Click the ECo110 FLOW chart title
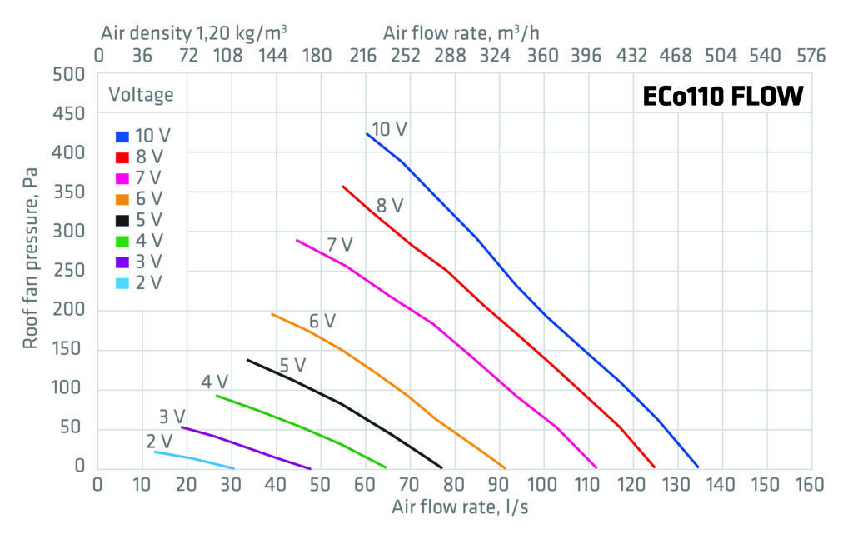(722, 97)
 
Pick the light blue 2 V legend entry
(140, 282)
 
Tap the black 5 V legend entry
(140, 220)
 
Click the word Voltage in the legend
(141, 95)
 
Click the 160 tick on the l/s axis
(810, 485)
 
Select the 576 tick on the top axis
(810, 56)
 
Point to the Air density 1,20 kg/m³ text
(194, 34)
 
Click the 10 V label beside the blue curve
(389, 130)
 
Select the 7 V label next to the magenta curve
(339, 245)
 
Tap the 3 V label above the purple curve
(172, 416)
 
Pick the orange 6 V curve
(408, 395)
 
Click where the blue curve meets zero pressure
(698, 467)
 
